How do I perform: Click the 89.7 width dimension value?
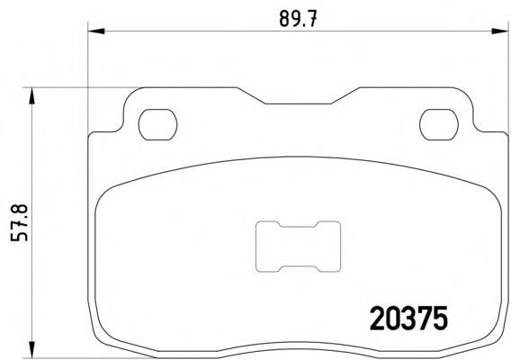pyautogui.click(x=298, y=19)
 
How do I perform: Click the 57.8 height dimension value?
pyautogui.click(x=19, y=222)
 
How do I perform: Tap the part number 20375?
pyautogui.click(x=408, y=318)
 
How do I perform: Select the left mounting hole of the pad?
pyautogui.click(x=157, y=124)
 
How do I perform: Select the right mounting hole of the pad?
pyautogui.click(x=439, y=124)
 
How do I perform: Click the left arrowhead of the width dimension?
pyautogui.click(x=96, y=31)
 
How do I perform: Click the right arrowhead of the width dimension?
pyautogui.click(x=500, y=31)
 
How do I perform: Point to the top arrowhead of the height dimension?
pyautogui.click(x=31, y=96)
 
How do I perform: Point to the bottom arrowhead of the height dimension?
pyautogui.click(x=31, y=349)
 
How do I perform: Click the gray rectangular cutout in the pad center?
pyautogui.click(x=298, y=247)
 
